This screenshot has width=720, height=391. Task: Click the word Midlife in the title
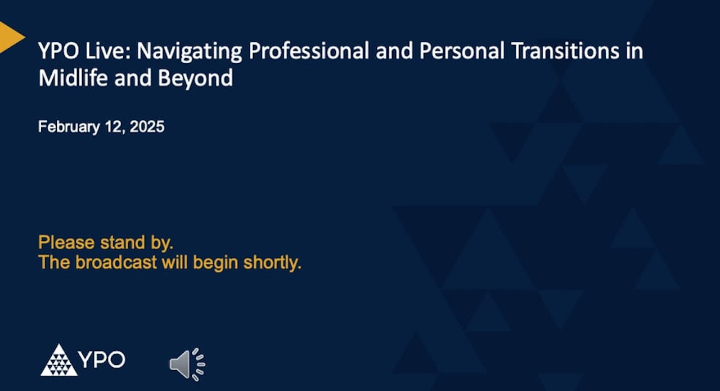[x=73, y=78]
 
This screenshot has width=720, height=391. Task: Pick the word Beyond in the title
[x=195, y=78]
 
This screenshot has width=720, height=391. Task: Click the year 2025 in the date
[x=147, y=127]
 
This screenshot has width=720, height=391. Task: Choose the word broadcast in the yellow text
[x=116, y=263]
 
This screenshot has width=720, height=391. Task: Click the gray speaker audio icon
[x=187, y=363]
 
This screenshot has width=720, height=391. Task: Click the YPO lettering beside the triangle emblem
[x=102, y=359]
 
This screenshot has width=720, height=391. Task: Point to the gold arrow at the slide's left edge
[x=10, y=37]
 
